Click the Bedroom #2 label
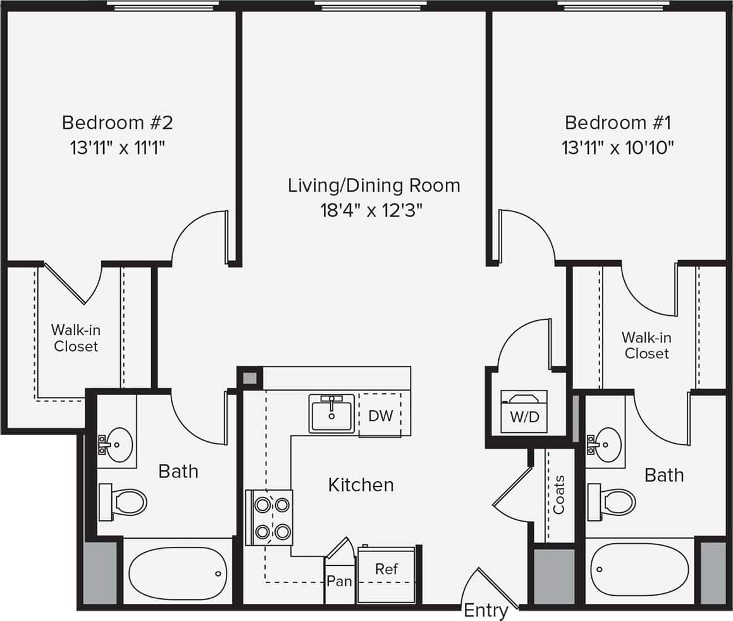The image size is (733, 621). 117,122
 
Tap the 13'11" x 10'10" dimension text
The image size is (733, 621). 618,147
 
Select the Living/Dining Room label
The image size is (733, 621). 374,185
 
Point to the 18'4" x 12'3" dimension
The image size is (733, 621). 371,210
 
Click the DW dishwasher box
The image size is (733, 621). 380,415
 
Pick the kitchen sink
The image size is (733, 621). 331,413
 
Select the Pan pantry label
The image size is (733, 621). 340,580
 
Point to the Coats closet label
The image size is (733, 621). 559,494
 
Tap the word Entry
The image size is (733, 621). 486,611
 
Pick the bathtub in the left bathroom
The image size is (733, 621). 178,573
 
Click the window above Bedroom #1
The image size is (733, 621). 613,6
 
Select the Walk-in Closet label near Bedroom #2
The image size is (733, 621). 76,337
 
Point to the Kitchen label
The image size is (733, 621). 360,485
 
